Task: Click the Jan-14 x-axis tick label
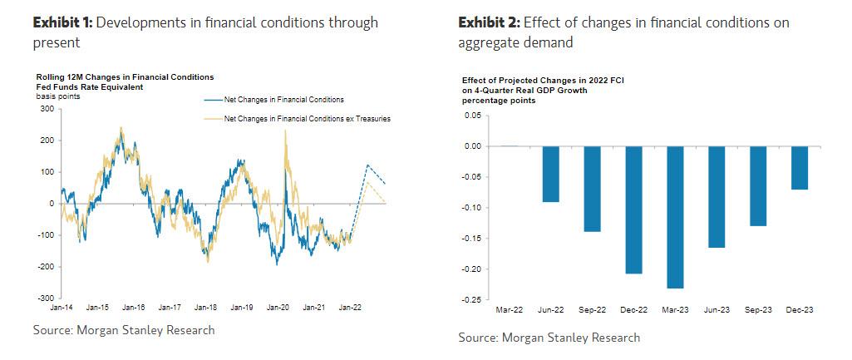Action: (62, 308)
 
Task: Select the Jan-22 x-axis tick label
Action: (347, 308)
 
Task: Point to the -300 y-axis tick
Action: (46, 297)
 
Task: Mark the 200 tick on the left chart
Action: (48, 141)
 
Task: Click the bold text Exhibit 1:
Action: (62, 22)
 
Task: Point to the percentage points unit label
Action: (498, 100)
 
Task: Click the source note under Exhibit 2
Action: (549, 338)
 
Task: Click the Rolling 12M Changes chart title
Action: (119, 77)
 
